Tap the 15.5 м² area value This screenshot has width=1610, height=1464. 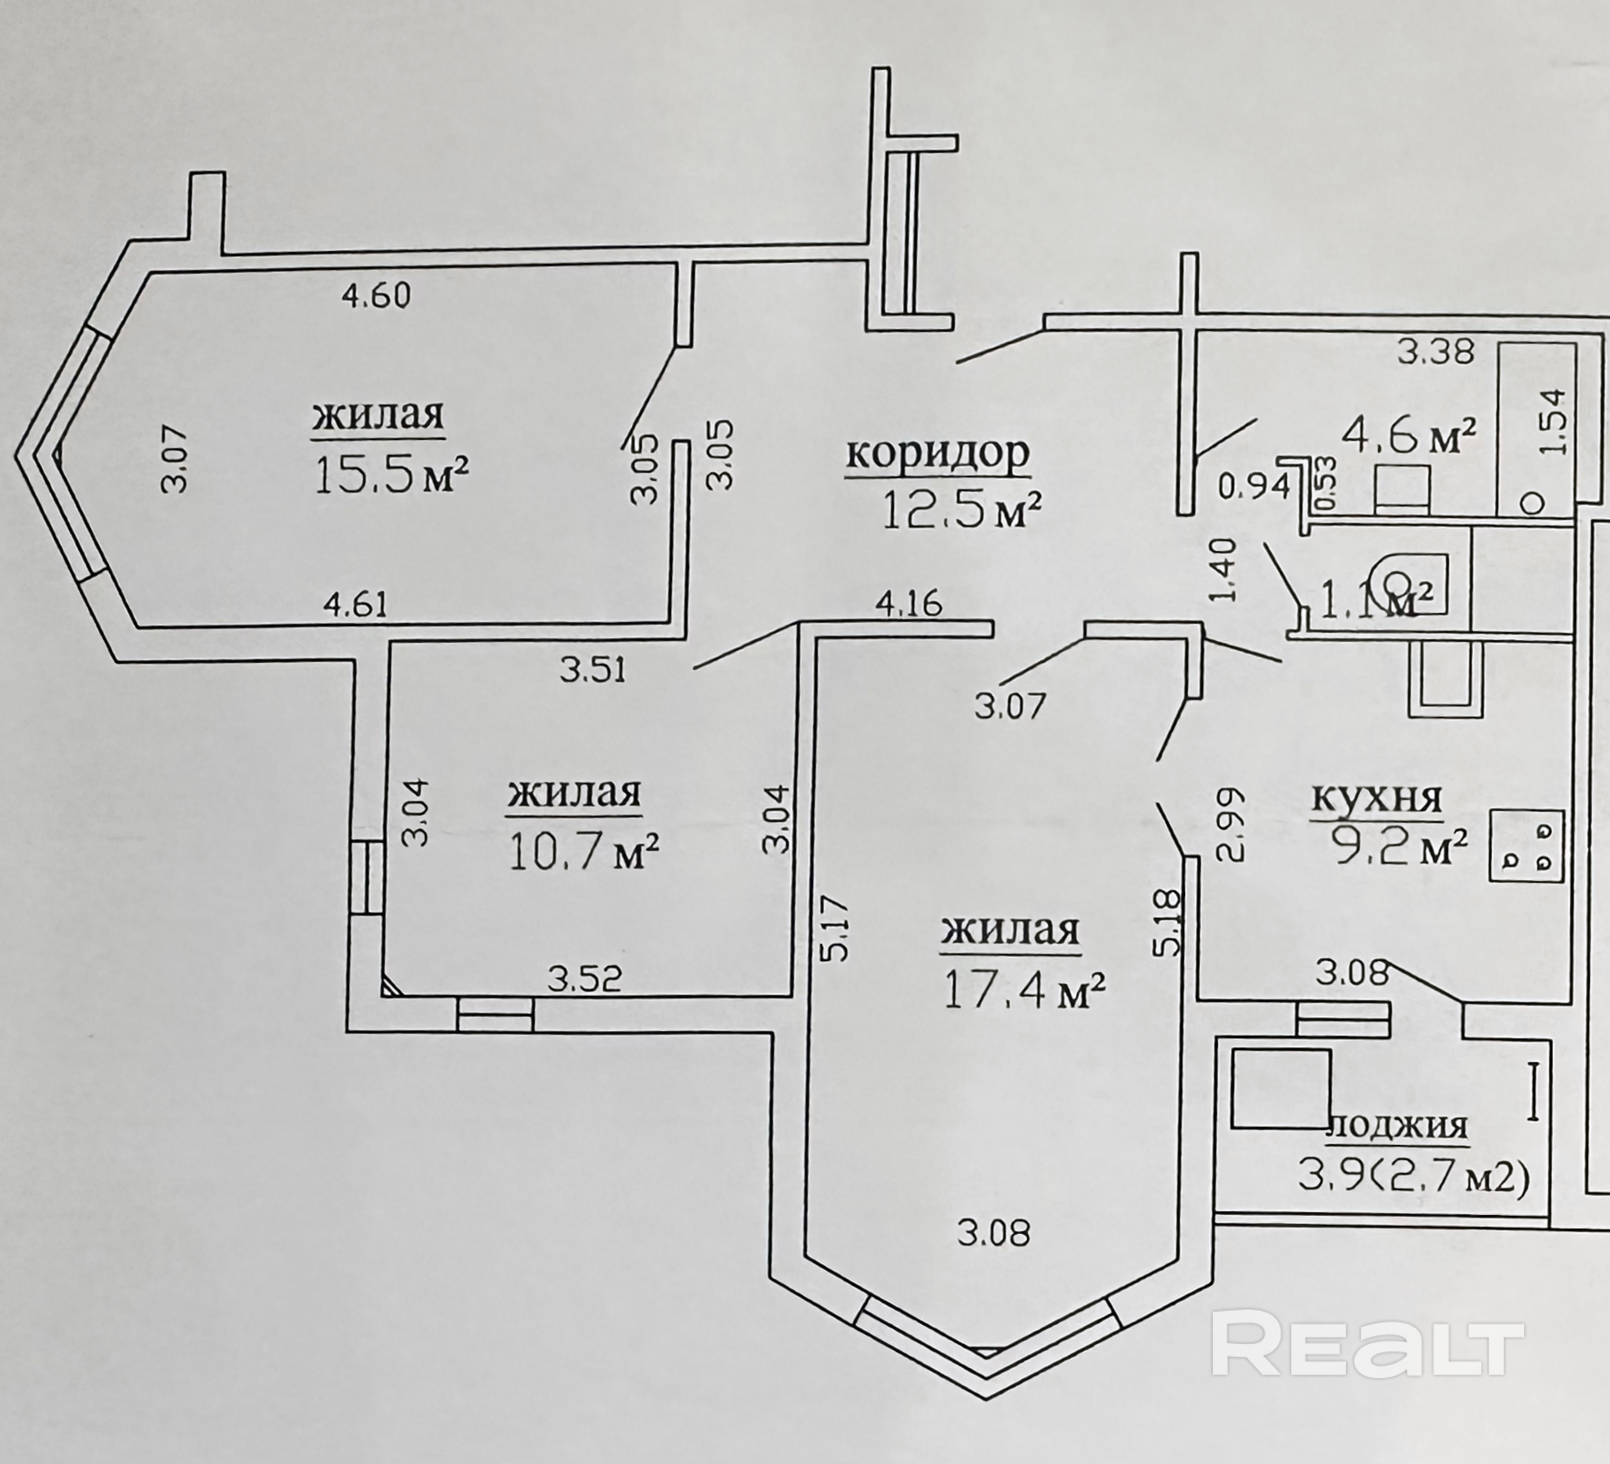pyautogui.click(x=391, y=477)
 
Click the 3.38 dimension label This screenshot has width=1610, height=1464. pyautogui.click(x=1435, y=351)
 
